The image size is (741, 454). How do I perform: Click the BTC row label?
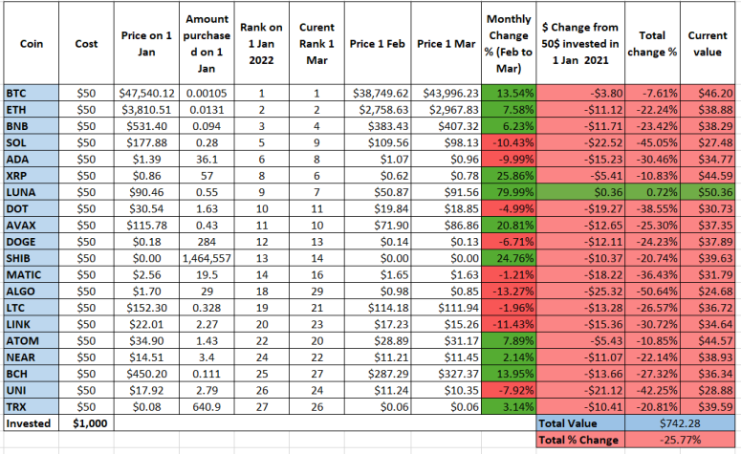coord(32,93)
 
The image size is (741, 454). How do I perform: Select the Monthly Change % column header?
coord(509,43)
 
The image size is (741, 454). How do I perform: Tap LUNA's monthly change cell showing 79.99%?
coord(509,192)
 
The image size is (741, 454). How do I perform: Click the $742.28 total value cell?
coord(680,423)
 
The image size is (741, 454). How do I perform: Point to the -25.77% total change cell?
coord(680,440)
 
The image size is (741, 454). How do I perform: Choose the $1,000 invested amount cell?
coord(86,423)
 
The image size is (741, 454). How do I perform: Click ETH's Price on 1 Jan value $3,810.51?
coord(146,110)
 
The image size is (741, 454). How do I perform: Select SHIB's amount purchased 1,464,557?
coord(207,258)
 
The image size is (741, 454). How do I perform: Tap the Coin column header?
coord(32,43)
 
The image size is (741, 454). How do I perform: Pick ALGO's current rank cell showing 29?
coord(317,292)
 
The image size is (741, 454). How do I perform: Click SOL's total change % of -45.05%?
coord(653,142)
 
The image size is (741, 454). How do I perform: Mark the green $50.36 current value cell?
coord(708,192)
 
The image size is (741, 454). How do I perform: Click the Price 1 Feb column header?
coord(378,43)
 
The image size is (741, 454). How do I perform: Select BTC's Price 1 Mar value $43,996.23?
coord(447,93)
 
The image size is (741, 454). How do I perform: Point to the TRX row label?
coord(32,407)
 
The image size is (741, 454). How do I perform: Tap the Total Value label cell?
coord(580,423)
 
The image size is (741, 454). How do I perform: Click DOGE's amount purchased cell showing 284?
coord(207,242)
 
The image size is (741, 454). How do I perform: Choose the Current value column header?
coord(708,43)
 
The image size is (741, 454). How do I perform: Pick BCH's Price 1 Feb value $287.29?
coord(378,374)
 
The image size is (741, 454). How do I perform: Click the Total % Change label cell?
coord(580,440)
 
